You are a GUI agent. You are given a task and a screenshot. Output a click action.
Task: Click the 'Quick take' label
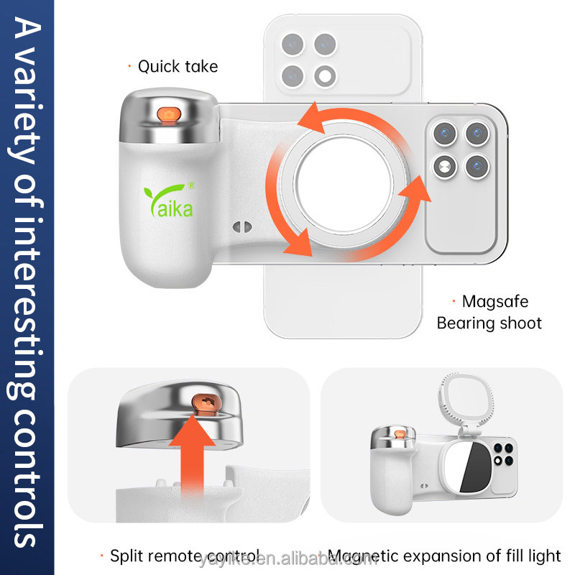[x=178, y=67]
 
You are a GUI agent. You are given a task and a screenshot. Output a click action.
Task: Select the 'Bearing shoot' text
[x=489, y=323]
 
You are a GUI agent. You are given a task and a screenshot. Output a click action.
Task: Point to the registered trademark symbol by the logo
[x=191, y=186]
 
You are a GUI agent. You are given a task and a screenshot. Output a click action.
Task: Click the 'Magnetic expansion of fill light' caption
[x=444, y=556]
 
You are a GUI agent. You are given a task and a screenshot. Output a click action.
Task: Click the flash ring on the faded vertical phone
[x=327, y=74]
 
